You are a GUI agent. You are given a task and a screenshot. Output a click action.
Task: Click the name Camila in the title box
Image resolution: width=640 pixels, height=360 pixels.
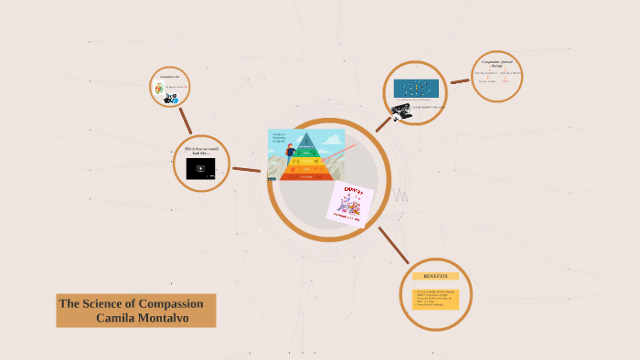(115, 317)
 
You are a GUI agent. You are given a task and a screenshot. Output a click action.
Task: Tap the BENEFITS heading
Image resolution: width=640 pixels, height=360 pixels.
(435, 276)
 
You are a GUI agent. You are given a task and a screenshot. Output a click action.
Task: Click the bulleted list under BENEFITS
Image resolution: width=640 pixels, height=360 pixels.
(434, 298)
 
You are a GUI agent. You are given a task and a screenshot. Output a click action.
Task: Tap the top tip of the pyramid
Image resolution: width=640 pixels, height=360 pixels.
(305, 134)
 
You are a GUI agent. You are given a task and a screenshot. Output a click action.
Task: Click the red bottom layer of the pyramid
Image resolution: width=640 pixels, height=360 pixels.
(305, 176)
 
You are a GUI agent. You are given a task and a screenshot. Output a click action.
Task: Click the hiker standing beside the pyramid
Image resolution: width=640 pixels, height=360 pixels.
(290, 154)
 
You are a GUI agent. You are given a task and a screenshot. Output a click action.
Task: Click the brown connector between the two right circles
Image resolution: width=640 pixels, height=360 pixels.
(460, 81)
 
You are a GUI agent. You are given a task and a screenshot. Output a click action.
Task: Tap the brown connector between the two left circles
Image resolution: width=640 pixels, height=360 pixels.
(186, 120)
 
